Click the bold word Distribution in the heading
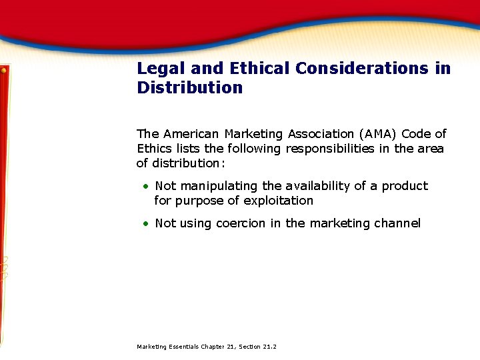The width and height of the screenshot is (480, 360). tap(190, 88)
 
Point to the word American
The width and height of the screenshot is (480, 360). tap(191, 134)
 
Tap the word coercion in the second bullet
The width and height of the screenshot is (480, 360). tap(241, 223)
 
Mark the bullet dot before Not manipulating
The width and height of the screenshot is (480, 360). tap(144, 187)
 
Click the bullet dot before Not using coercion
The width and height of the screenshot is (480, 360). tap(144, 224)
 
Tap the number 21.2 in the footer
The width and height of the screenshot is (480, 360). tap(270, 347)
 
